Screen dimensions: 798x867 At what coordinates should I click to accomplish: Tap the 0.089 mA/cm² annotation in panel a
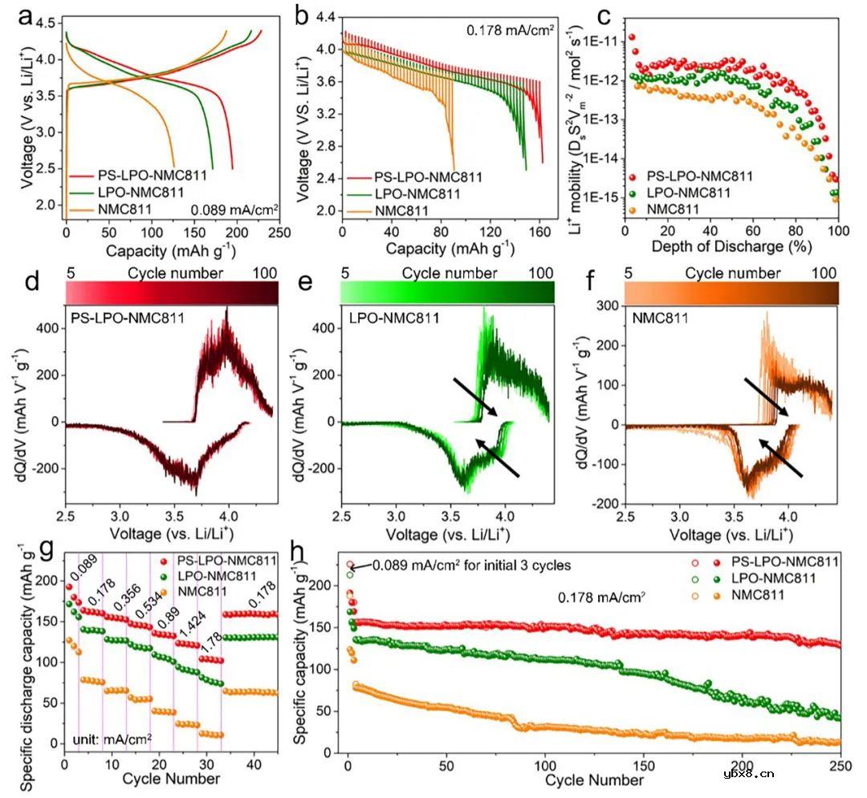click(234, 210)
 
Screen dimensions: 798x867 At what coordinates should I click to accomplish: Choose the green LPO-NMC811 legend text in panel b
click(409, 193)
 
